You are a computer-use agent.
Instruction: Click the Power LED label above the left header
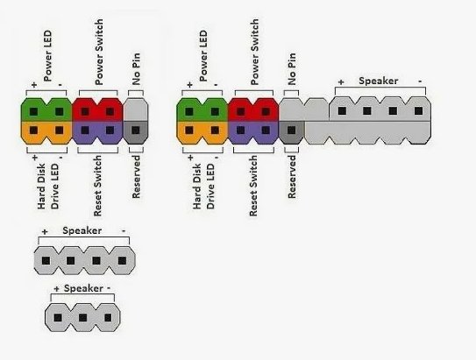(47, 56)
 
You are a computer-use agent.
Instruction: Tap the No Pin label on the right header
(292, 69)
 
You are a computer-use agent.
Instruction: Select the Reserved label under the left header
(136, 177)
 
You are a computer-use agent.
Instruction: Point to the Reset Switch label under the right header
(253, 186)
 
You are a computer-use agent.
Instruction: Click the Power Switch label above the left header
(99, 52)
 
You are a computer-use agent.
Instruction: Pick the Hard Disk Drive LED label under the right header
(203, 187)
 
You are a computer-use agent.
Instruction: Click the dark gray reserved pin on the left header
(136, 131)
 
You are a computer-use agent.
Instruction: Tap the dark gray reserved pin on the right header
(291, 131)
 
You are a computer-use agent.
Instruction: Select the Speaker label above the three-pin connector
(83, 288)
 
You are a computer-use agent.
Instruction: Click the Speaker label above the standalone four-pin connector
(82, 230)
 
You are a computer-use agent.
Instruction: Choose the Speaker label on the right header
(378, 81)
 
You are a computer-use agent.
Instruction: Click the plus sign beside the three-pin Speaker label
(56, 289)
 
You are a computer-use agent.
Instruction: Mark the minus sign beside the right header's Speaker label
(420, 81)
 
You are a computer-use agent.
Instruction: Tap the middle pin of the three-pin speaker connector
(82, 318)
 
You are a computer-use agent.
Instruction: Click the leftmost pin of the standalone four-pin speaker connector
(46, 260)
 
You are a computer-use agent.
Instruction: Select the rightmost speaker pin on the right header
(419, 110)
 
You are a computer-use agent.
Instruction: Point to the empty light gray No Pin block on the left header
(136, 109)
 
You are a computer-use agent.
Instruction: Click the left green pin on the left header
(33, 111)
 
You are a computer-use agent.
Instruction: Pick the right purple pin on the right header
(266, 131)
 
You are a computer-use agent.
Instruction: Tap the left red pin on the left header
(85, 111)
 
